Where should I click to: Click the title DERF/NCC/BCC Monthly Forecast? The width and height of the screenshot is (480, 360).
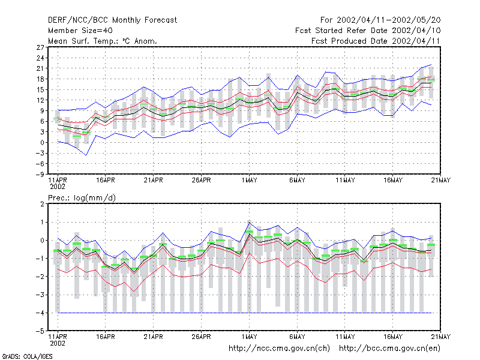[x=112, y=20]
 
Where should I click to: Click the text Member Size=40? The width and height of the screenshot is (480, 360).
[x=80, y=31]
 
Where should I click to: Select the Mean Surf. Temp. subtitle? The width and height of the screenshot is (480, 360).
[x=102, y=41]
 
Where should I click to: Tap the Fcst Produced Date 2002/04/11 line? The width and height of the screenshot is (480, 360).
[x=376, y=41]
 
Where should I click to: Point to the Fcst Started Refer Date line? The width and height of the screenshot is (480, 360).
[x=368, y=31]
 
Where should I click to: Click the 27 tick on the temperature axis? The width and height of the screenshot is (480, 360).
[x=40, y=47]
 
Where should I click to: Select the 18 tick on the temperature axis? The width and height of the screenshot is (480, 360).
[x=40, y=79]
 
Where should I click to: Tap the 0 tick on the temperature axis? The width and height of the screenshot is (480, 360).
[x=42, y=143]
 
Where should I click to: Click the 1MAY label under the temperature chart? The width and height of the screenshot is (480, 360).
[x=249, y=181]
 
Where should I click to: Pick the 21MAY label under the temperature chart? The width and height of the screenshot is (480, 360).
[x=441, y=181]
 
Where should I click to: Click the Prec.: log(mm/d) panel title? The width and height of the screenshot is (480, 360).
[x=82, y=198]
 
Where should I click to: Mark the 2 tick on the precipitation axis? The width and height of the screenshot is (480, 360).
[x=42, y=204]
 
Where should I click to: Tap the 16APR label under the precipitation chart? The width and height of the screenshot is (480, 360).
[x=106, y=337]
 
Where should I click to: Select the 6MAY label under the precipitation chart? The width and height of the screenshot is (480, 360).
[x=297, y=337]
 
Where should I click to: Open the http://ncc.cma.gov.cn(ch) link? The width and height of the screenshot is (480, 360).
[x=279, y=349]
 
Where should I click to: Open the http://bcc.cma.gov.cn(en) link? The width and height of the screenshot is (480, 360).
[x=389, y=349]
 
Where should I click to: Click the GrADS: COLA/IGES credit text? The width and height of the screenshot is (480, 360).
[x=28, y=356]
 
